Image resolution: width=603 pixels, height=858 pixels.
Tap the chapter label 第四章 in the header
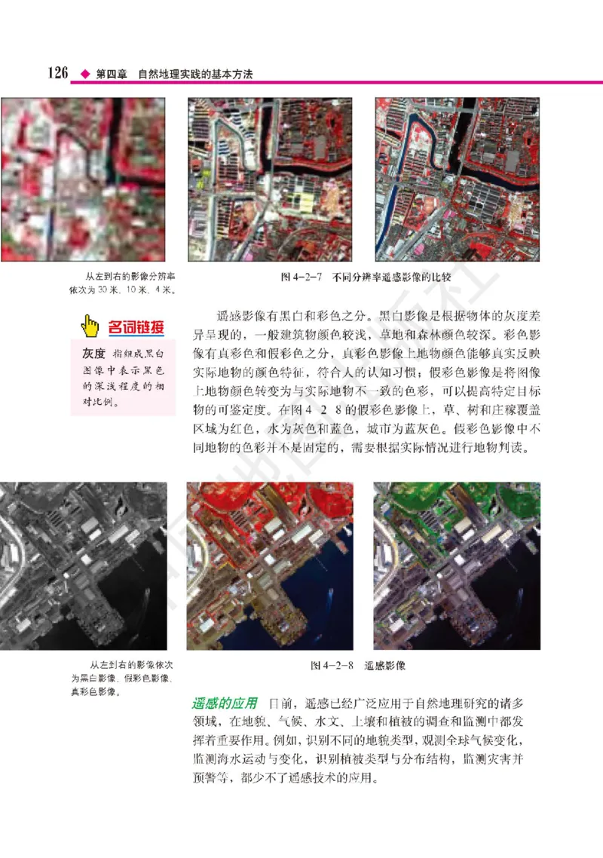pyautogui.click(x=111, y=75)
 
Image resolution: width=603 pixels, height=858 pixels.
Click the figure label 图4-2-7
pyautogui.click(x=300, y=277)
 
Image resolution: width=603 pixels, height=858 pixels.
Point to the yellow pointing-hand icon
pyautogui.click(x=90, y=326)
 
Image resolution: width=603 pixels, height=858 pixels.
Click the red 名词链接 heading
pyautogui.click(x=136, y=326)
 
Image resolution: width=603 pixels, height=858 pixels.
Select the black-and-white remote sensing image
pyautogui.click(x=83, y=565)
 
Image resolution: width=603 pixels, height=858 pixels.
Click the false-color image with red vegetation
pyautogui.click(x=269, y=565)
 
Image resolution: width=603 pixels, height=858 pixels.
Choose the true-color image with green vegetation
pyautogui.click(x=457, y=565)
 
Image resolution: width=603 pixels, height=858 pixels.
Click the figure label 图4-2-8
pyautogui.click(x=332, y=666)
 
